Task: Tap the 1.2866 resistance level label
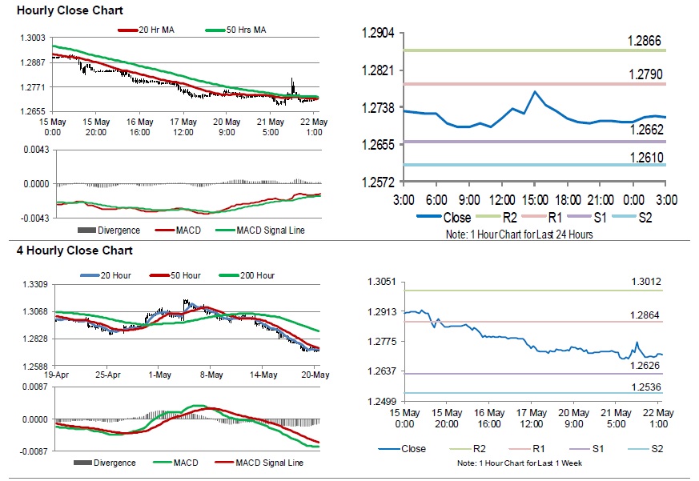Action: pos(645,41)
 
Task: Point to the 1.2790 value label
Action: pos(645,74)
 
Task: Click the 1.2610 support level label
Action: pos(645,157)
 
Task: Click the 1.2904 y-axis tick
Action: pos(378,33)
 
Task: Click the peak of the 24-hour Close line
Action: pos(534,91)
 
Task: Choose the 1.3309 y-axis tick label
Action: pos(34,284)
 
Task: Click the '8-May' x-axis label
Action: pos(211,375)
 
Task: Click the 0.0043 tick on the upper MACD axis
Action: pos(34,150)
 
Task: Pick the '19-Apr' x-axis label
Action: pos(58,375)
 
